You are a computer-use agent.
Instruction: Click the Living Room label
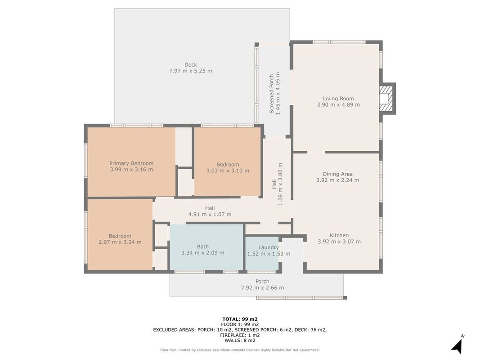pos(338,98)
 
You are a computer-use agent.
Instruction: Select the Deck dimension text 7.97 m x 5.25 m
pos(190,71)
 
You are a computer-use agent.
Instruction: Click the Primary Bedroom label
pos(131,163)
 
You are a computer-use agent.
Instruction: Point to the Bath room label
pos(202,247)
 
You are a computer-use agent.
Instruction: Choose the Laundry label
pos(269,247)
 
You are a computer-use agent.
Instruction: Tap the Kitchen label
pos(339,235)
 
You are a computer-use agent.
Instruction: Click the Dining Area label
pos(337,174)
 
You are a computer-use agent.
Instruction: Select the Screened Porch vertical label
pos(272,94)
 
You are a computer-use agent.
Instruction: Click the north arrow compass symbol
pos(457,347)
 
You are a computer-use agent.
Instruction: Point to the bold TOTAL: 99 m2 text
pos(240,319)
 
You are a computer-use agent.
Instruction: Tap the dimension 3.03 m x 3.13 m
pos(228,171)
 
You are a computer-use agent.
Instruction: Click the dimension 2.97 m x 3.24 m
pos(120,242)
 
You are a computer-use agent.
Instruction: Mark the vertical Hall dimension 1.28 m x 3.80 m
pos(280,184)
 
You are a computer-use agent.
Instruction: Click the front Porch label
pos(262,281)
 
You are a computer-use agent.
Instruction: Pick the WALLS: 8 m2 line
pos(240,340)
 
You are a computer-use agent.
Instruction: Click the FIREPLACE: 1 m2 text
pos(240,335)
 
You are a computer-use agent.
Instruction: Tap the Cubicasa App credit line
pos(240,350)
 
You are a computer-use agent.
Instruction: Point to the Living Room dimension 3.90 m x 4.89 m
pos(338,105)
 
